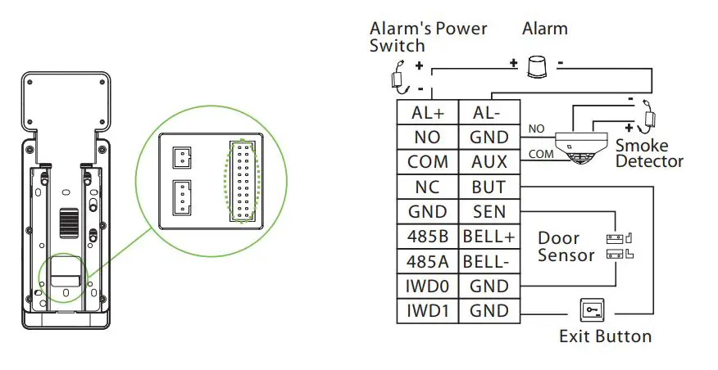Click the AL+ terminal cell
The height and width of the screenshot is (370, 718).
[427, 112]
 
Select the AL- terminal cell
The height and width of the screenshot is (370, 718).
[489, 112]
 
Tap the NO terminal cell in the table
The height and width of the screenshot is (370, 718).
[427, 137]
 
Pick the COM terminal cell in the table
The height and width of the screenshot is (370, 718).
[427, 162]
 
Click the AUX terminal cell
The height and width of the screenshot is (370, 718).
[489, 162]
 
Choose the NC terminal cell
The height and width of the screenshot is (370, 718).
[427, 187]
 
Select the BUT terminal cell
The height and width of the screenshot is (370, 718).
[489, 187]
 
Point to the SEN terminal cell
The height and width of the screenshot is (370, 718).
[489, 212]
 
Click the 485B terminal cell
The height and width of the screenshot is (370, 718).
[427, 237]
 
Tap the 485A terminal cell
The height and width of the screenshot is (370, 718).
[427, 262]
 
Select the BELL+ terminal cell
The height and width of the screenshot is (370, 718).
[489, 237]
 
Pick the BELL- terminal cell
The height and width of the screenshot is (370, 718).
[489, 262]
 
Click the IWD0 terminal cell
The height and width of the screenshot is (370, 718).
[427, 287]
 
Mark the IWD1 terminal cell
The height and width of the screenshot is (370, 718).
[427, 311]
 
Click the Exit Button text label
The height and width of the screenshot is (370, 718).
[605, 336]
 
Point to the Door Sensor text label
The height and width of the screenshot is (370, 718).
[566, 246]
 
